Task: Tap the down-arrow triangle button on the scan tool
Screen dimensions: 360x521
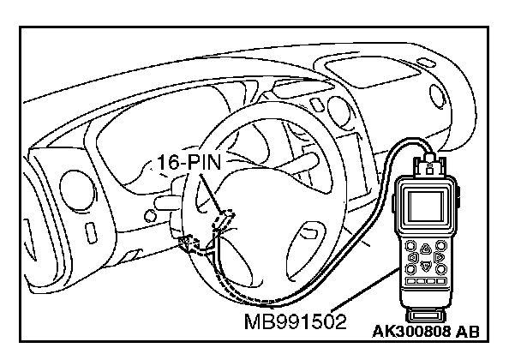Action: pyautogui.click(x=425, y=266)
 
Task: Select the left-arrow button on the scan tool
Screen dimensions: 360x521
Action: pyautogui.click(x=413, y=255)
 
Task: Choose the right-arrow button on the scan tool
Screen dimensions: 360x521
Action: pyautogui.click(x=438, y=255)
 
